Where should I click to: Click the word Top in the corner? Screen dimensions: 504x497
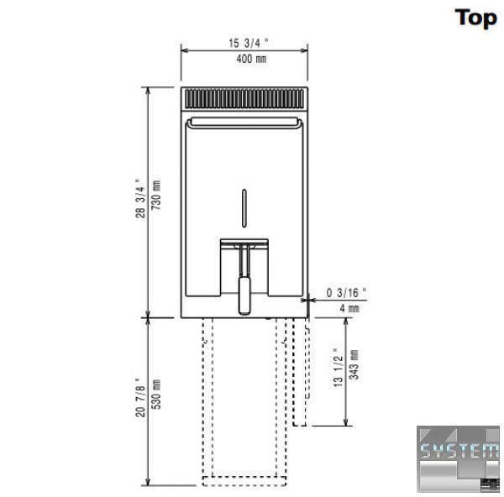tap(475, 18)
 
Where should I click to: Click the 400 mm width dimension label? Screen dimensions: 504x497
tap(251, 59)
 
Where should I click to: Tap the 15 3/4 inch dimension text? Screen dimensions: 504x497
tap(248, 43)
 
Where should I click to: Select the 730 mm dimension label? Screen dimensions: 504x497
tap(156, 195)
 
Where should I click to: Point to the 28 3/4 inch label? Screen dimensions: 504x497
tap(140, 198)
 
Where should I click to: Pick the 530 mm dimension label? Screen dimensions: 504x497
tap(156, 395)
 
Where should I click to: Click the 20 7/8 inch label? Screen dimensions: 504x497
tap(140, 397)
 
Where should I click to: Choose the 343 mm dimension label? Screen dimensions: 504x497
tap(354, 364)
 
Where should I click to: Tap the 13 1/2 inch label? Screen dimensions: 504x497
tap(339, 368)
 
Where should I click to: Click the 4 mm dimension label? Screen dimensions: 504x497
tap(349, 308)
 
